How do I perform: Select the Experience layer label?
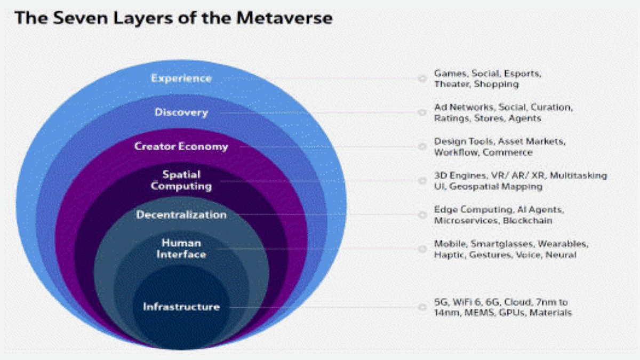coord(181,78)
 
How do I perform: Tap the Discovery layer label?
coord(181,113)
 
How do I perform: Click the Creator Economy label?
coord(181,147)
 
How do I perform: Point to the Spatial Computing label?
coord(181,180)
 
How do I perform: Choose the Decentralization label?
coord(181,215)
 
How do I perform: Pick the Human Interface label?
coord(181,249)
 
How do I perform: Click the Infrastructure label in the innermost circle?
coord(181,307)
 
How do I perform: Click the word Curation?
coord(550,108)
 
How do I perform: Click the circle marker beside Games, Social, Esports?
coord(422,78)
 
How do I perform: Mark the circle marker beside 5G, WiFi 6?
coord(422,307)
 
